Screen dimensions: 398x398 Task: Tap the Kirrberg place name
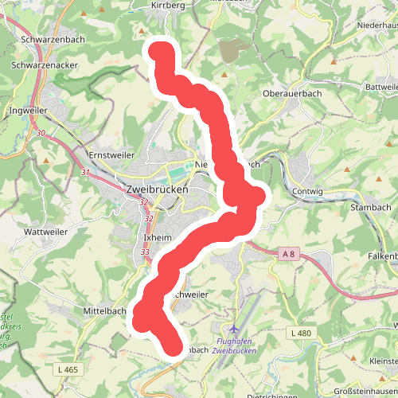point(166,5)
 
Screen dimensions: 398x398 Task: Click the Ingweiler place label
point(28,111)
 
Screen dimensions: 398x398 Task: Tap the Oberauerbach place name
point(291,93)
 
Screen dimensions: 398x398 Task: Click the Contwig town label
point(308,192)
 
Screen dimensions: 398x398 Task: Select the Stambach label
point(367,207)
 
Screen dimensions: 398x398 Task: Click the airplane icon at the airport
point(233,328)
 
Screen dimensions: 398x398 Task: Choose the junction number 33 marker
point(145,252)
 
